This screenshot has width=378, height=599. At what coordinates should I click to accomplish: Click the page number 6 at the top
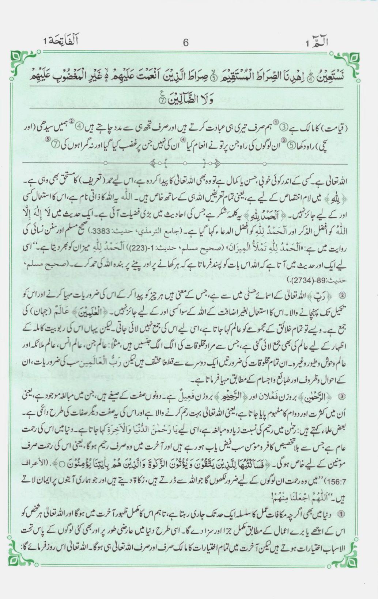tap(185, 43)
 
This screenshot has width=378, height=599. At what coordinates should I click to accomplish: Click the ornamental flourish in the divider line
tap(187, 162)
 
